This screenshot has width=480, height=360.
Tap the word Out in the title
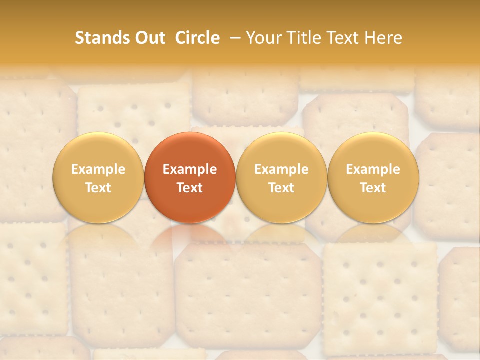coord(149,38)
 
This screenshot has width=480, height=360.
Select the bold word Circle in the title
coord(197,38)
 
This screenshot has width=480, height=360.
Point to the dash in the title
coord(233,38)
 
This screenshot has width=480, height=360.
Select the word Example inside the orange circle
coord(190,169)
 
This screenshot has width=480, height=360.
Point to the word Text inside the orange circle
coord(190,188)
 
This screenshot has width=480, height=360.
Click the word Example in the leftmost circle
coord(98,169)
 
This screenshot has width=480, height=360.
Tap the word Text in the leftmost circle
coord(98,188)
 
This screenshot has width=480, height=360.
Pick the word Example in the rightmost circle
coord(373,169)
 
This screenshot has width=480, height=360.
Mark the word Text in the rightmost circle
coord(373,188)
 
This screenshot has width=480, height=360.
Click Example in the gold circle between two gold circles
coord(281,169)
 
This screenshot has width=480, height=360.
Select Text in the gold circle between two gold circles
coord(281,188)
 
